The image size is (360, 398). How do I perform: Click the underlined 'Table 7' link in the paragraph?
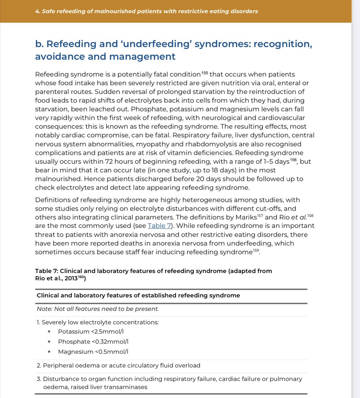[159, 226]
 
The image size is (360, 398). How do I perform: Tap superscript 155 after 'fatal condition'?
[205, 73]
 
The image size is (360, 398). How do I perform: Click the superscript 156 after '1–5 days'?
[293, 160]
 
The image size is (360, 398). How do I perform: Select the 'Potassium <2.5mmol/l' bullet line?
[91, 331]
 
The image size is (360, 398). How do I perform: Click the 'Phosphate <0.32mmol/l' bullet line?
[93, 342]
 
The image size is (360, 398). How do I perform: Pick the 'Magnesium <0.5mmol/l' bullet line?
[93, 352]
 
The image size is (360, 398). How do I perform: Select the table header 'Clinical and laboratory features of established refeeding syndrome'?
[138, 295]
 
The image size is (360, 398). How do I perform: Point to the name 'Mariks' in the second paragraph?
[246, 217]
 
